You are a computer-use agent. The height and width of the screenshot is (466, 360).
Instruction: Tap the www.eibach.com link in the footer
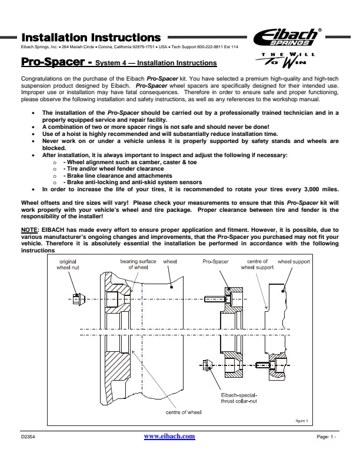pyautogui.click(x=169, y=436)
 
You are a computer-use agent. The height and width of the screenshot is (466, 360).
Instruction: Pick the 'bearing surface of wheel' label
pyautogui.click(x=138, y=264)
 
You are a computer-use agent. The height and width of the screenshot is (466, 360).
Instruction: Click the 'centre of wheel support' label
pyautogui.click(x=257, y=264)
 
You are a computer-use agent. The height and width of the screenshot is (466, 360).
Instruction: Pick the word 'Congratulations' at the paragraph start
pyautogui.click(x=42, y=78)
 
